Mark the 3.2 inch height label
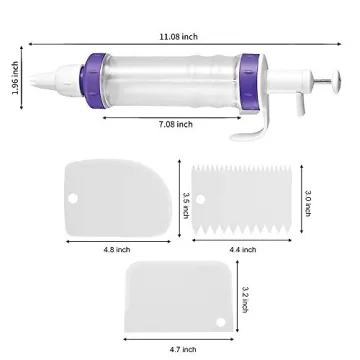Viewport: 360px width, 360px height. pos(245,297)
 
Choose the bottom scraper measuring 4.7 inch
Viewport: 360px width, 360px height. pos(180,300)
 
